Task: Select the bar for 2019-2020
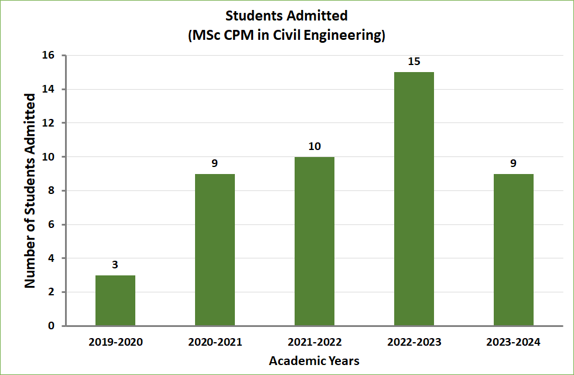click(115, 301)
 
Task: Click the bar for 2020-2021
click(215, 250)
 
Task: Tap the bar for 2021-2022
click(315, 241)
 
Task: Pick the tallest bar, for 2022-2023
click(414, 199)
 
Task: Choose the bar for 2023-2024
click(514, 250)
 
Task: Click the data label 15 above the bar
click(414, 62)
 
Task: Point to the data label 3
click(115, 265)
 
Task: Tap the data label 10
click(315, 146)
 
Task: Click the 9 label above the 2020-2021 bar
click(215, 163)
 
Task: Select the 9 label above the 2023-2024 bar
click(514, 163)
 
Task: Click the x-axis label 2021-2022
click(315, 342)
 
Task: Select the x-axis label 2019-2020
click(115, 342)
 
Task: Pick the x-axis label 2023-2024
click(514, 342)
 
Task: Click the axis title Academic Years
click(314, 360)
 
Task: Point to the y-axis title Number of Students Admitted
click(30, 190)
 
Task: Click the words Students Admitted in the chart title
click(286, 16)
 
